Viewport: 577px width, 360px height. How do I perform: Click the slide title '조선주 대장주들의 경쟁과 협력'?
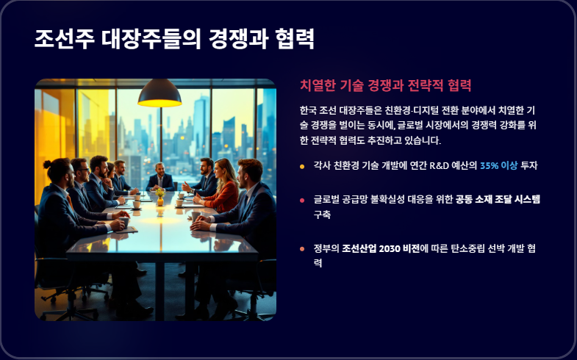click(x=174, y=39)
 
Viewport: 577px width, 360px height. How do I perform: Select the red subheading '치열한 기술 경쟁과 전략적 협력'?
click(x=385, y=85)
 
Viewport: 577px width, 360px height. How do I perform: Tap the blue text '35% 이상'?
click(x=498, y=165)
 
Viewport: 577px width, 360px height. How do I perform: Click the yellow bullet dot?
click(x=302, y=167)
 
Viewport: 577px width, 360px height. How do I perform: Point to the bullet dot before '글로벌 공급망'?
click(x=302, y=201)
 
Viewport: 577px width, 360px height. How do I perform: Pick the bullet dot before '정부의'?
click(x=302, y=249)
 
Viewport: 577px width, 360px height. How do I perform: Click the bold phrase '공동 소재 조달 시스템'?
click(x=498, y=200)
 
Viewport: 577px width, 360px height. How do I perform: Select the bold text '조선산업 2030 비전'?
click(x=381, y=248)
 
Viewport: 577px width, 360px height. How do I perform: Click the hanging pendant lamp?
click(x=160, y=94)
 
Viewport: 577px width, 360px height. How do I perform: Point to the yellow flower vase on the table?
click(x=160, y=198)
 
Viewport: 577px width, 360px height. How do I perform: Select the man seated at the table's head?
click(x=160, y=178)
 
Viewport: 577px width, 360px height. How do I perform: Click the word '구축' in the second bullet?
click(x=322, y=215)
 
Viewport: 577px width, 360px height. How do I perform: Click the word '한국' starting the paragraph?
click(x=308, y=110)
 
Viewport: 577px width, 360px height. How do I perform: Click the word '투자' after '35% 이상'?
click(x=529, y=165)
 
